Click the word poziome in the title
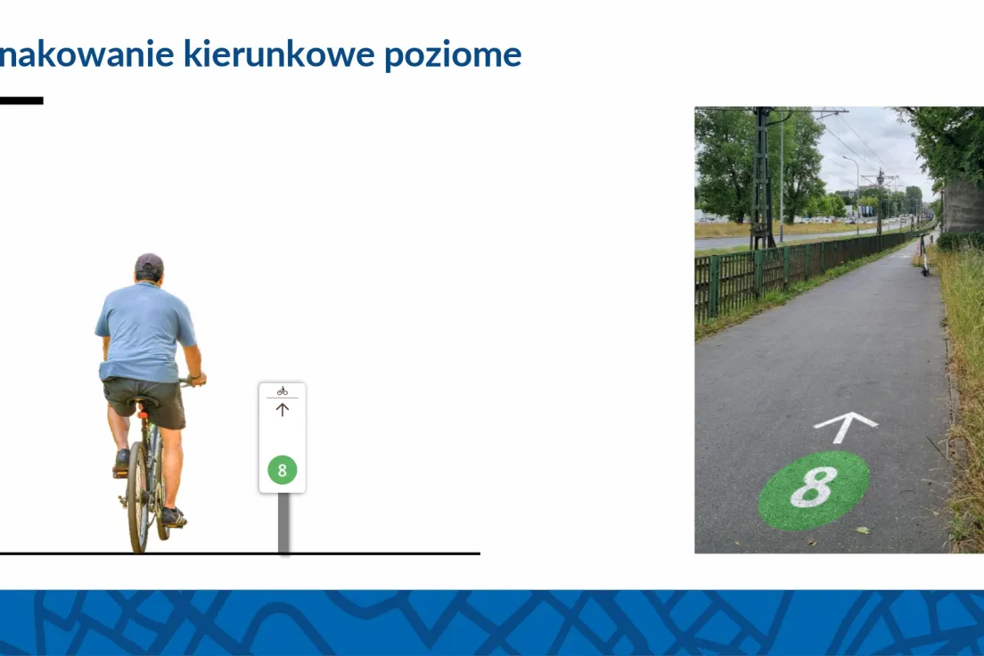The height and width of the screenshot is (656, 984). (453, 55)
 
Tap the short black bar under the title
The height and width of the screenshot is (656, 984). (21, 101)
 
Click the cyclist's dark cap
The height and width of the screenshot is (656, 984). (150, 265)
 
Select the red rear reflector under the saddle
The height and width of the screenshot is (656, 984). (143, 415)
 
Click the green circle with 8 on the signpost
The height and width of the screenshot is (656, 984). (283, 471)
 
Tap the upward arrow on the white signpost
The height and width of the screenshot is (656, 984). (283, 410)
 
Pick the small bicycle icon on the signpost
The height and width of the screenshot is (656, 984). (283, 391)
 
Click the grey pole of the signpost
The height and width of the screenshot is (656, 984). (283, 523)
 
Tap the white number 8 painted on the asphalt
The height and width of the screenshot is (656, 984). (813, 488)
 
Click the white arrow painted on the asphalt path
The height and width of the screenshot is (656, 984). (845, 426)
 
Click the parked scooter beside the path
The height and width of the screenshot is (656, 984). (923, 254)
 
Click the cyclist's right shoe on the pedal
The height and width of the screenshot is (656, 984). (173, 517)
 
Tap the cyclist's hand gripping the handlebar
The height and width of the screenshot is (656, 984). (197, 378)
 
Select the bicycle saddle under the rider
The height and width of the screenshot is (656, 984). (143, 401)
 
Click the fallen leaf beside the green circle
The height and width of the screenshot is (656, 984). (863, 529)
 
